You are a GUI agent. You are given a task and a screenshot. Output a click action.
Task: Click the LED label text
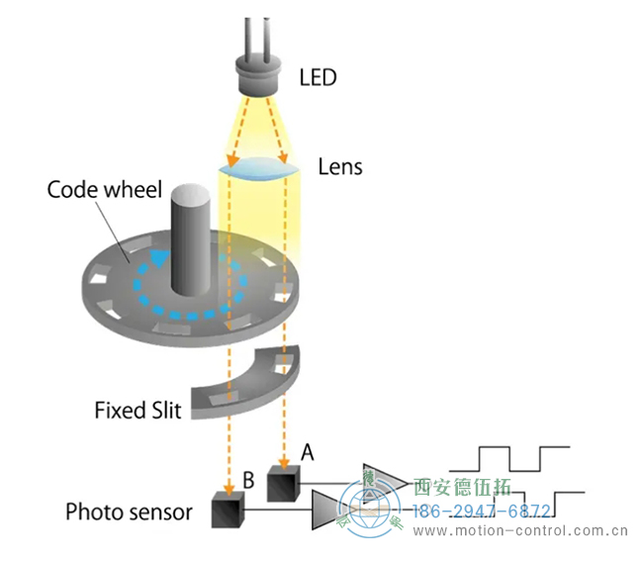[x=318, y=75]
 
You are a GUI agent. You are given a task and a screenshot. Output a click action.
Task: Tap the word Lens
[x=340, y=166]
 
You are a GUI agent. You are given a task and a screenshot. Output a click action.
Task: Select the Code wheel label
[x=104, y=189]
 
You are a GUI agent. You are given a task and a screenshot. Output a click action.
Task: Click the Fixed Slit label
[x=138, y=409]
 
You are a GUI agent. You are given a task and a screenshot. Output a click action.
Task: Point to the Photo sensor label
[x=128, y=512]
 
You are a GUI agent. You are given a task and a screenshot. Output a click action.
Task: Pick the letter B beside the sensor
[x=248, y=483]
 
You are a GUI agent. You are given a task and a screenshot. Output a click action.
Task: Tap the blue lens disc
[x=259, y=171]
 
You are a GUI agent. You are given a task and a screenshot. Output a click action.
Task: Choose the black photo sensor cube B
[x=229, y=510]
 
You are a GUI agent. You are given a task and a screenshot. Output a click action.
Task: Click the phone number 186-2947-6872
[x=481, y=512]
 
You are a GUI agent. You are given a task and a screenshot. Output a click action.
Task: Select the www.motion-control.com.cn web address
[x=520, y=531]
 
